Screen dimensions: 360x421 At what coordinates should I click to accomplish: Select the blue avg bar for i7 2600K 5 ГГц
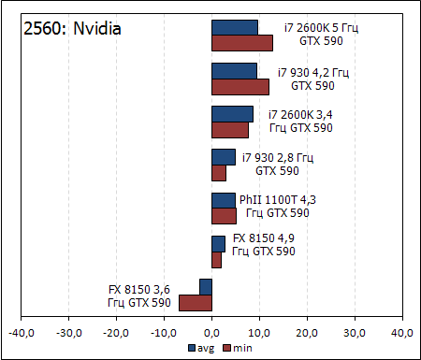pyautogui.click(x=235, y=27)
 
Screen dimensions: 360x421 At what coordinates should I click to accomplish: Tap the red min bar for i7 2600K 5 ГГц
pyautogui.click(x=242, y=42)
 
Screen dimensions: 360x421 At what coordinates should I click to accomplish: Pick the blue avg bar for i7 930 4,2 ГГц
pyautogui.click(x=234, y=70)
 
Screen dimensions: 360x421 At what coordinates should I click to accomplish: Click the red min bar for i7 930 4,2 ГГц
pyautogui.click(x=240, y=86)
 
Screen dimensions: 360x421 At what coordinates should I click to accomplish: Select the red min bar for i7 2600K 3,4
pyautogui.click(x=230, y=129)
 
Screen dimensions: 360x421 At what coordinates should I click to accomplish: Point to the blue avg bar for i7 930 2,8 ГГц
pyautogui.click(x=224, y=157)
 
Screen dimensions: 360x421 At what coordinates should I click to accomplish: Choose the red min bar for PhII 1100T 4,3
pyautogui.click(x=224, y=216)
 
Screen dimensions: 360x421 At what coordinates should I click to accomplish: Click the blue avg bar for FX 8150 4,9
pyautogui.click(x=218, y=243)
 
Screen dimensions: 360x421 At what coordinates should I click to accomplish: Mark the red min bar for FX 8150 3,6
pyautogui.click(x=196, y=302)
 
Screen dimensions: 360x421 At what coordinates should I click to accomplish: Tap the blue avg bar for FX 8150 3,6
pyautogui.click(x=206, y=287)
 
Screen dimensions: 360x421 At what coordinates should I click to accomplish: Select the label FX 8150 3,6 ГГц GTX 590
pyautogui.click(x=139, y=295)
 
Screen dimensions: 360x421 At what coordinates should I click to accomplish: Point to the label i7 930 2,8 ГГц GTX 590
pyautogui.click(x=277, y=164)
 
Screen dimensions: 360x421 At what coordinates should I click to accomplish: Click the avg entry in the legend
pyautogui.click(x=200, y=348)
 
